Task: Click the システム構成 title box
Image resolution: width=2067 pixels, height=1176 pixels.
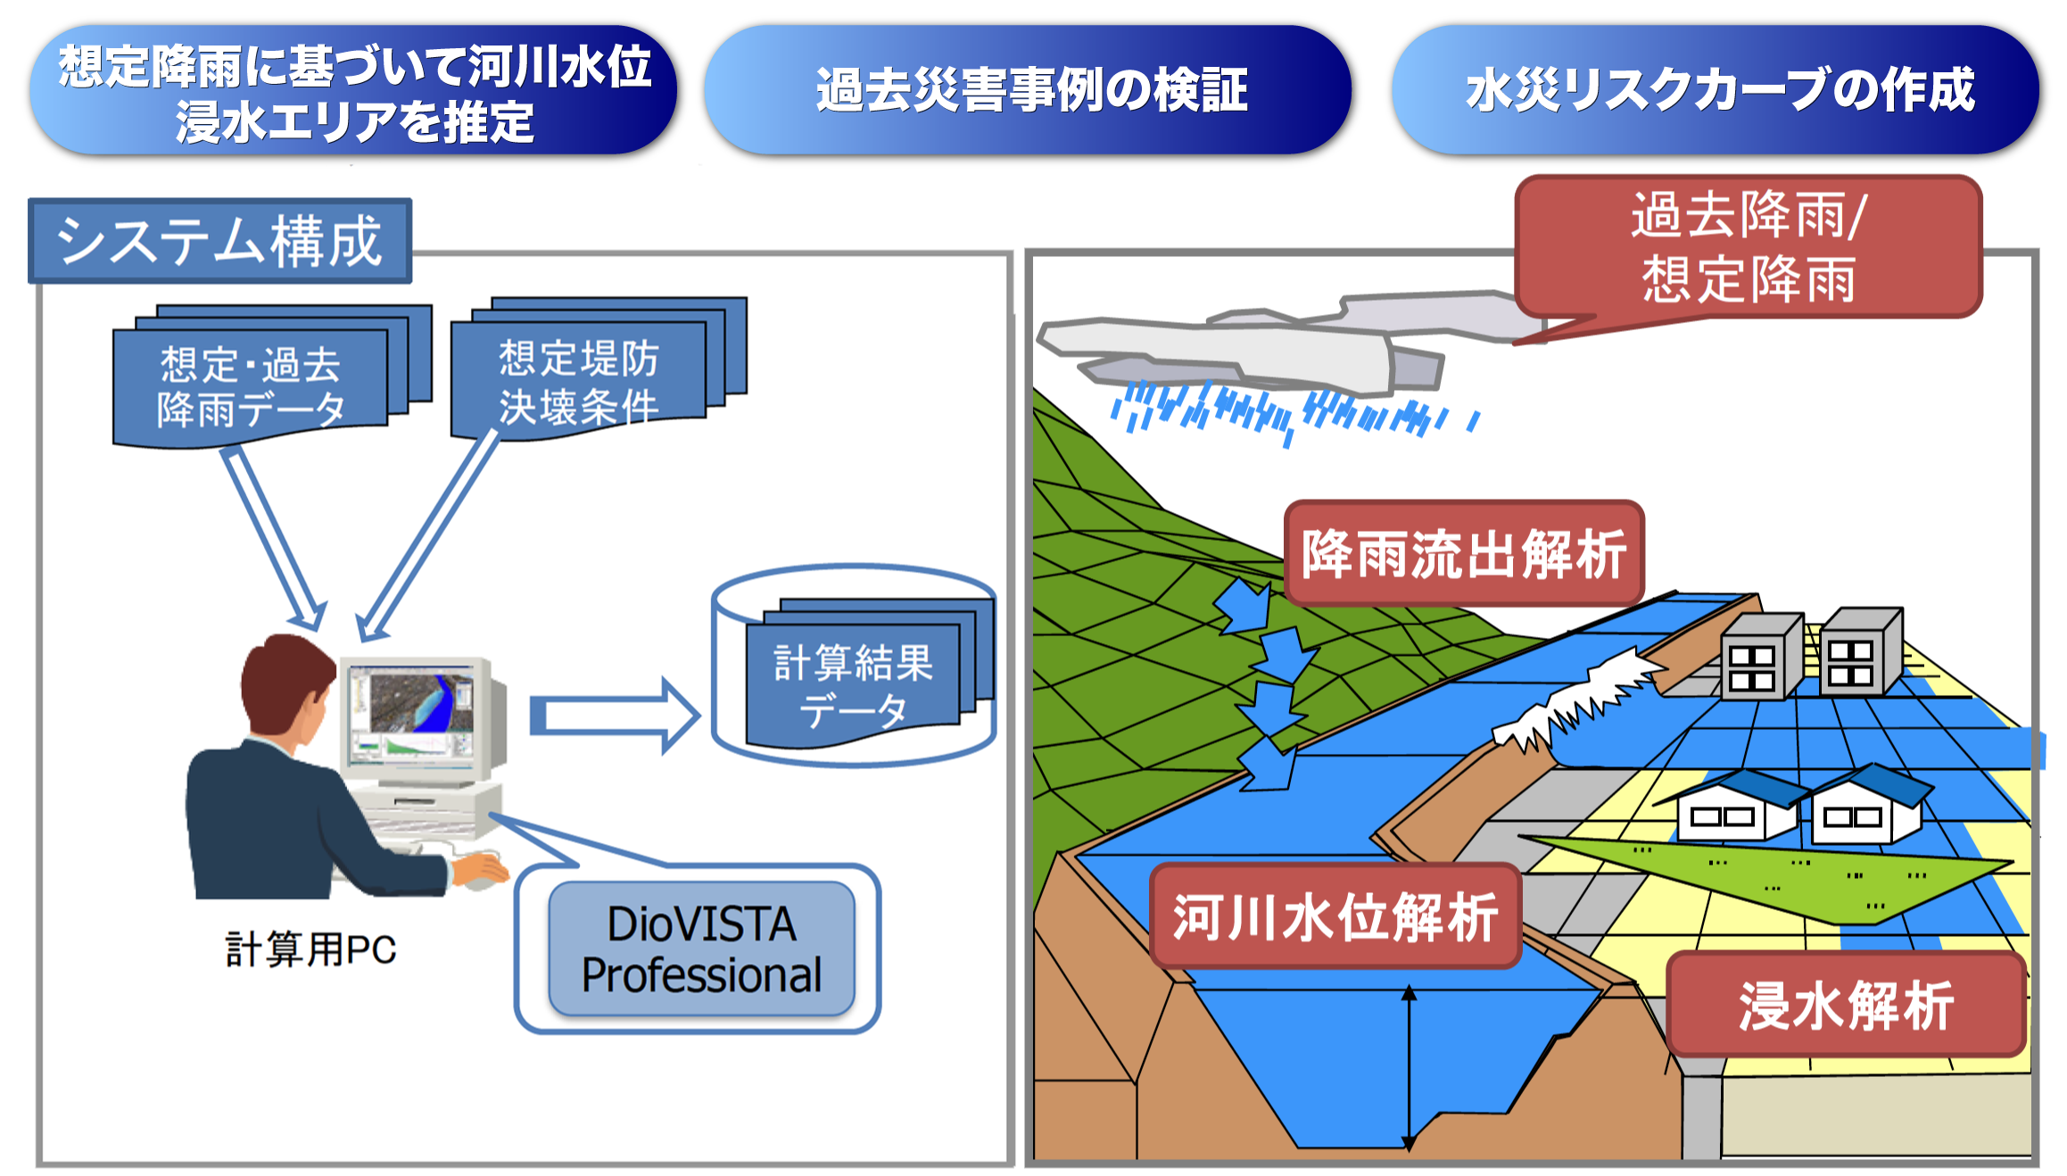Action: [219, 241]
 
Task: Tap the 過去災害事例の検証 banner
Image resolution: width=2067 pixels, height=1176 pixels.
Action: [1028, 89]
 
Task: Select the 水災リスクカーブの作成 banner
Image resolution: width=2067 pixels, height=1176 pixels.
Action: [1715, 89]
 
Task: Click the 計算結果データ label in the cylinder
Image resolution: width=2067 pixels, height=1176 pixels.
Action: [853, 686]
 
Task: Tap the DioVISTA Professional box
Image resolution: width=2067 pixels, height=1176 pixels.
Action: [702, 949]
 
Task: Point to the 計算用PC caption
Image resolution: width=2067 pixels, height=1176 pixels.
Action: [310, 949]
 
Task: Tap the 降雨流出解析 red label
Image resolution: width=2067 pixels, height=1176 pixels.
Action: [1464, 553]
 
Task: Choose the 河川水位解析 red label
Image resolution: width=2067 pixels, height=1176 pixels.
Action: [1335, 916]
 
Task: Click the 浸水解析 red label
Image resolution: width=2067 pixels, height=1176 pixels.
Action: [1846, 1005]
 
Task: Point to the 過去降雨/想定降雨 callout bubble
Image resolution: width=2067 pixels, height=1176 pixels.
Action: [1748, 246]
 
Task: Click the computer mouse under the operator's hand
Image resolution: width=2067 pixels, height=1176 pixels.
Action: [482, 881]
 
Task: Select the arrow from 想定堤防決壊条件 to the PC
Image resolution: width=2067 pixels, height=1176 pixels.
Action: [428, 535]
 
